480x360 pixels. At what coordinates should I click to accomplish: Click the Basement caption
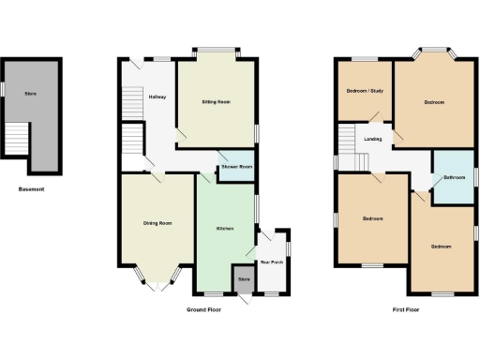31,189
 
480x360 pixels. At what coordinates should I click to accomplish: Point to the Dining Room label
157,223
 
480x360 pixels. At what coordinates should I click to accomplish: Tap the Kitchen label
225,229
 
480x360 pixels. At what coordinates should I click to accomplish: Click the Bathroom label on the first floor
455,178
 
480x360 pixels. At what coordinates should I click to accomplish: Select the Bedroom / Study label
365,91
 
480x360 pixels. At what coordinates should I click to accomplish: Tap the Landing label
372,140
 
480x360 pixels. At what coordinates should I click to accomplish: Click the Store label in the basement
31,95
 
